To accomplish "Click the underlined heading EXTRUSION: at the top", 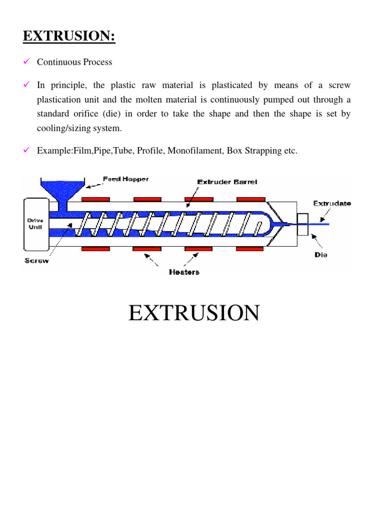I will point(69,36).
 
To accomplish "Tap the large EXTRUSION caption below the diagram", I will point(194,313).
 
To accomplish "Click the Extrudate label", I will point(332,203).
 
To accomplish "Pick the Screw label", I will point(37,260).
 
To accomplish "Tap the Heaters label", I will point(184,272).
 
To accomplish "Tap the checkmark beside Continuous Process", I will point(27,62).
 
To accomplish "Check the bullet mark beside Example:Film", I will point(27,151).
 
